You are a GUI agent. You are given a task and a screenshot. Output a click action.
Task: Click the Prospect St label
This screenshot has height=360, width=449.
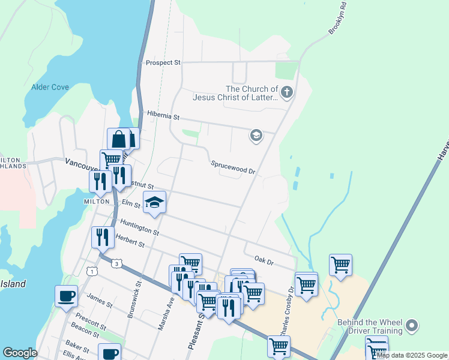[x=163, y=62]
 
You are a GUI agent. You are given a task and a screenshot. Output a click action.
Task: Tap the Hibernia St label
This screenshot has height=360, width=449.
[x=163, y=116]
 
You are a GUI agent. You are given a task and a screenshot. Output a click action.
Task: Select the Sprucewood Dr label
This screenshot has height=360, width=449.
[x=233, y=167]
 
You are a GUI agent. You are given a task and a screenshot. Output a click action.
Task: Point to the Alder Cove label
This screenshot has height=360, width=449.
[x=50, y=87]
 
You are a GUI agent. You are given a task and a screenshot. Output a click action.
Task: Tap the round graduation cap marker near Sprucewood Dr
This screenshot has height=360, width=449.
[x=256, y=136]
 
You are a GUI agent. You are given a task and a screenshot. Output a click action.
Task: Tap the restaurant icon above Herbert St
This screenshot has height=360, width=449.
[x=103, y=236]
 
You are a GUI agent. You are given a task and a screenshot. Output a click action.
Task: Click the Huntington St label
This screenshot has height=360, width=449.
[x=139, y=227]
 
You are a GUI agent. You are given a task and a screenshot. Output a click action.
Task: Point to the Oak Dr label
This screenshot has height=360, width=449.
[x=264, y=262]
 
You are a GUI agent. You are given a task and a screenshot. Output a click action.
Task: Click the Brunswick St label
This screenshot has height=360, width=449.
[x=134, y=299]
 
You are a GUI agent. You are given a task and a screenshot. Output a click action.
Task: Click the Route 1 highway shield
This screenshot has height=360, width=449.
[x=92, y=271]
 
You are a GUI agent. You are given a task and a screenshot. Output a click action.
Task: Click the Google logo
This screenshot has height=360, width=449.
[x=20, y=353]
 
